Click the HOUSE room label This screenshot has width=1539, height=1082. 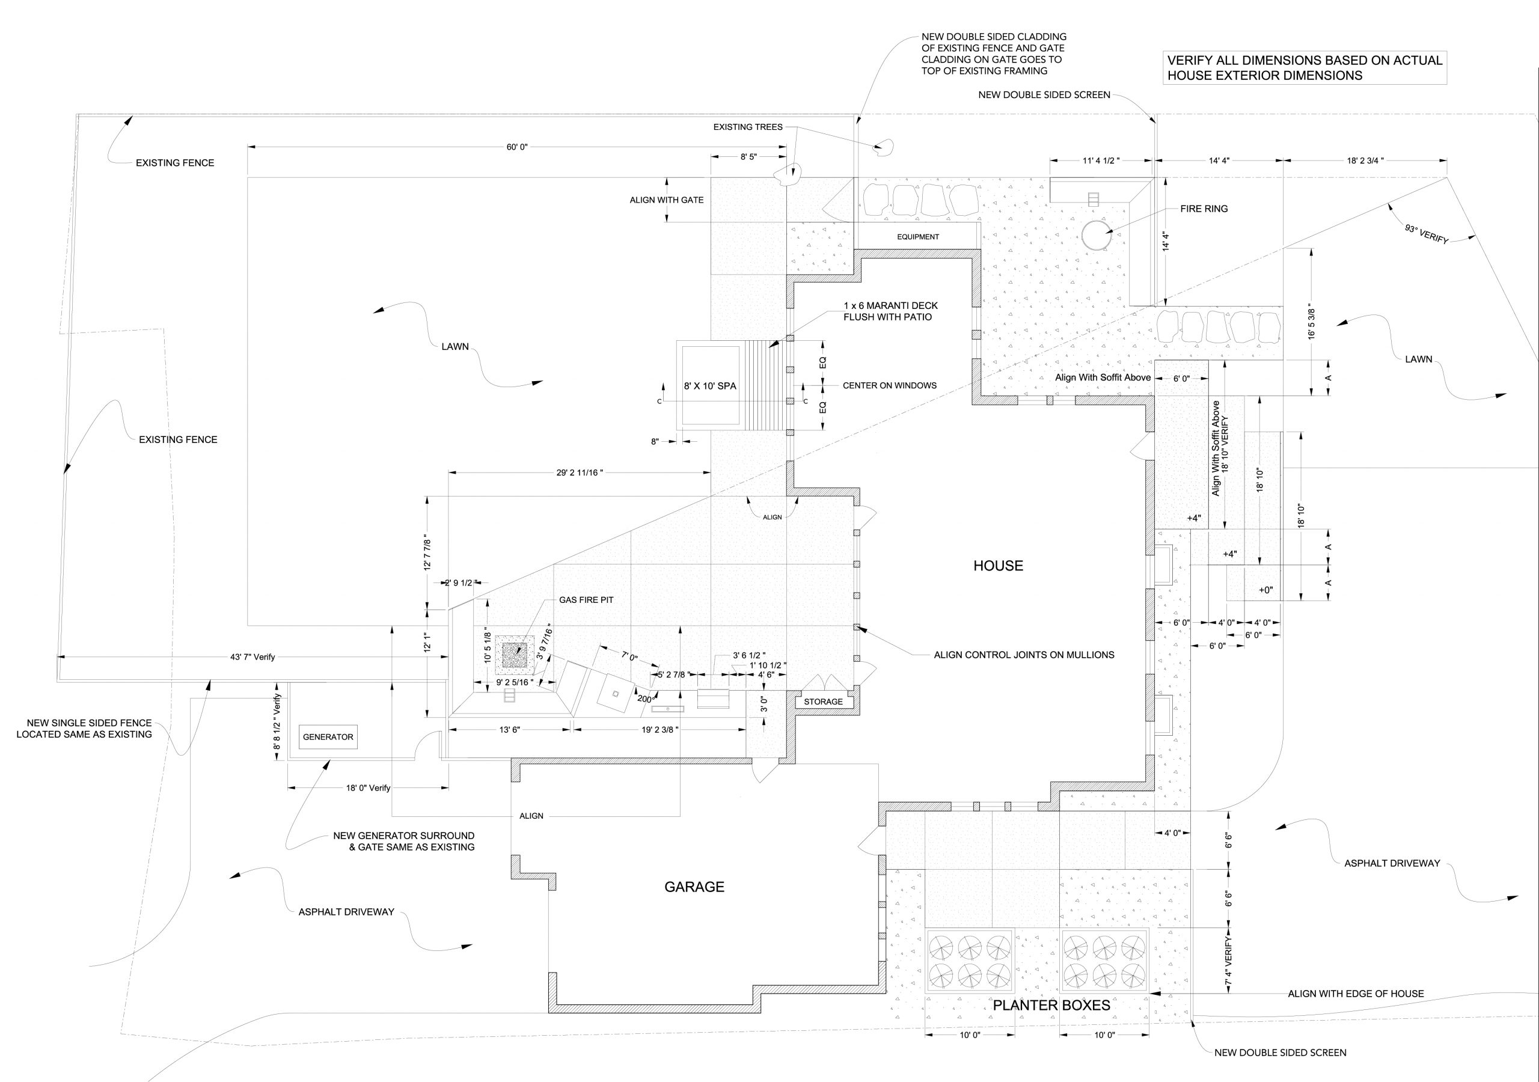[998, 566]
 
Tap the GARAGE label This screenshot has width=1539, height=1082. [694, 887]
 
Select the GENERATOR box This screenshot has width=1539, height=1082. [328, 737]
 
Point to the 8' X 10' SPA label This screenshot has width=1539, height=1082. [710, 386]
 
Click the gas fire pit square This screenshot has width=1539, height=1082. [515, 653]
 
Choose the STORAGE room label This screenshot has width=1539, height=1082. [823, 702]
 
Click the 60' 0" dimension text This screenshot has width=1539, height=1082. [518, 147]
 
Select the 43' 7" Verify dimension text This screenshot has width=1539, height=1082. [252, 657]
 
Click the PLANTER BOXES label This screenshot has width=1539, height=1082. [1051, 1006]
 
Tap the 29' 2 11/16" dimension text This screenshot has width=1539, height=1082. [580, 472]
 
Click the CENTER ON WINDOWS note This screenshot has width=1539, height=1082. [890, 385]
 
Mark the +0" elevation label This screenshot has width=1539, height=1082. [1265, 591]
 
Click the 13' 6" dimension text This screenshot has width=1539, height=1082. [509, 730]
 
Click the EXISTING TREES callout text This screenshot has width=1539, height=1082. [748, 127]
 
